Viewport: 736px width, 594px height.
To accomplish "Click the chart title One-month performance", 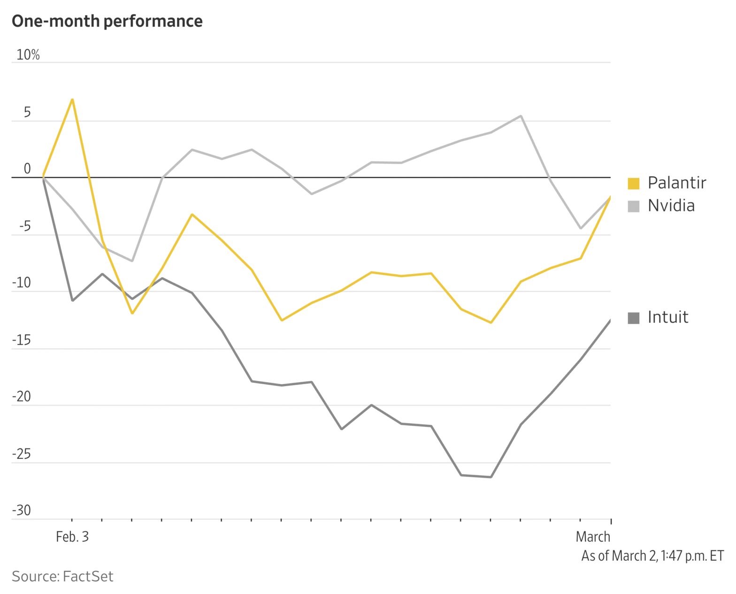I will (x=107, y=21).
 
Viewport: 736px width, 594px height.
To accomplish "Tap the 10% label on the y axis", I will (x=28, y=55).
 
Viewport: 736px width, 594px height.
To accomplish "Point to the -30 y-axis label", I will (x=21, y=510).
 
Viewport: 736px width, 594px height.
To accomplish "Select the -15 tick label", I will (x=21, y=340).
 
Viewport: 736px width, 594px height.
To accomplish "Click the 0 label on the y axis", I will (x=27, y=169).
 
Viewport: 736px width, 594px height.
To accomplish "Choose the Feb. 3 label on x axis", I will (x=72, y=537).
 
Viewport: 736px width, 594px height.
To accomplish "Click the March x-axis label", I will (x=593, y=537).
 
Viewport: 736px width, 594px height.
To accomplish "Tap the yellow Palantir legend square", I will (x=633, y=183).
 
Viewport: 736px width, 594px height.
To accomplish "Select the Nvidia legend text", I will (x=671, y=206).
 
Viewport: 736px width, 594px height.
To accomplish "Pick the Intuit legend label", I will (x=667, y=317).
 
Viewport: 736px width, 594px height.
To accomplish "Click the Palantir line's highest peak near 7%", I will (x=72, y=99).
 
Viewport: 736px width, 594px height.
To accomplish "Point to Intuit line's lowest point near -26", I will (x=491, y=477).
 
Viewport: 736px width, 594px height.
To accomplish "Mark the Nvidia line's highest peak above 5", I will (x=521, y=116).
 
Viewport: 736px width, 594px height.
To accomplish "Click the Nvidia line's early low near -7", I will (x=132, y=261).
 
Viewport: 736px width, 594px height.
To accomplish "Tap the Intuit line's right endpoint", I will (x=610, y=320).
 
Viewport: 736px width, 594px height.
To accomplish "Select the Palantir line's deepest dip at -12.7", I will (x=491, y=323).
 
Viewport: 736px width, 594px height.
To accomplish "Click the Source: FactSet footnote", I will (x=62, y=576).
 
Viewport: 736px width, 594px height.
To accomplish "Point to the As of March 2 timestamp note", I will (x=652, y=556).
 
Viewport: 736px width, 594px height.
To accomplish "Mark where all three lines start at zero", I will (x=43, y=177).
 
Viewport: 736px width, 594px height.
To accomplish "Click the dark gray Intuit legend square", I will (x=633, y=318).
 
